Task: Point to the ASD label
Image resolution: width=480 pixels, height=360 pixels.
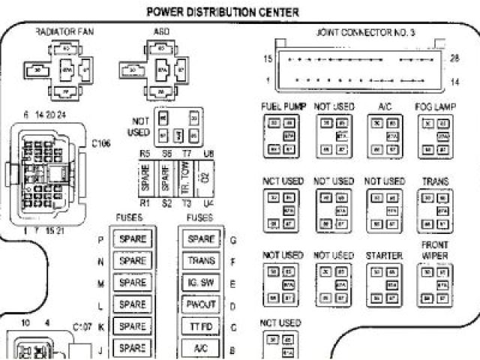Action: coord(162,33)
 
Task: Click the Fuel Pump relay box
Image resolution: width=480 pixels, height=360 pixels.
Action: coord(283,136)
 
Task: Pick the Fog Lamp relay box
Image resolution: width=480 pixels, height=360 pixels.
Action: coord(436,136)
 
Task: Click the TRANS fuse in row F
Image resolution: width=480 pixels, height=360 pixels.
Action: coord(202,262)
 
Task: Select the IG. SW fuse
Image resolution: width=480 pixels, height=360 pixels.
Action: coord(202,283)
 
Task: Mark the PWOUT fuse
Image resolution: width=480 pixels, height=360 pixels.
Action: coord(202,305)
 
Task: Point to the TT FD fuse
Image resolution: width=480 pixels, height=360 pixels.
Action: coord(202,327)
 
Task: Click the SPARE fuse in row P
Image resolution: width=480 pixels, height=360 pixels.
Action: coord(133,240)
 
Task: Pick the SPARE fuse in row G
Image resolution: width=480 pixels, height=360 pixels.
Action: coord(202,240)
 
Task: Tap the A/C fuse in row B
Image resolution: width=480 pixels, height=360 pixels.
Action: coord(202,349)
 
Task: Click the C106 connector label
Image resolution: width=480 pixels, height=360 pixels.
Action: coord(101,142)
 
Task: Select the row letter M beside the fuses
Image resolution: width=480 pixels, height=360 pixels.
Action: coord(100,283)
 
